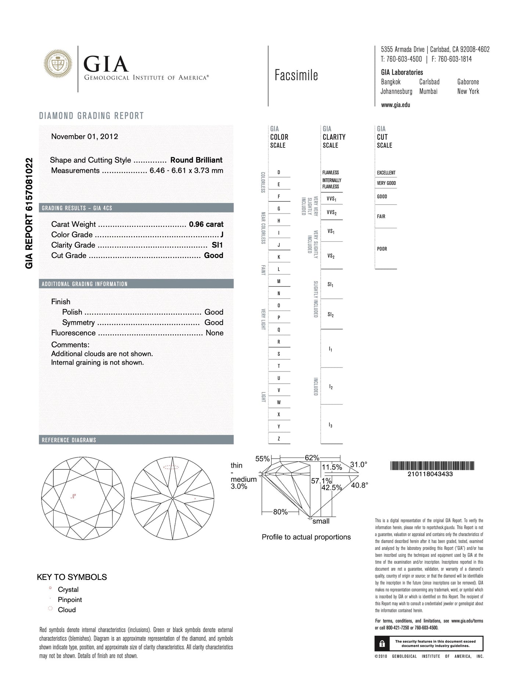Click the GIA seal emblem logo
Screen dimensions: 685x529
click(58, 64)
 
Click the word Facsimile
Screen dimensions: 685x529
click(296, 75)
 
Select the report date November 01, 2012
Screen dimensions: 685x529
click(84, 137)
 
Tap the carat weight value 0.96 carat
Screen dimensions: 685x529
click(206, 224)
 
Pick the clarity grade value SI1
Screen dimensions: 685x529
click(217, 245)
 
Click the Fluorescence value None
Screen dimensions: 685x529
click(215, 333)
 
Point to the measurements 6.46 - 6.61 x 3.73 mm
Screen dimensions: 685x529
click(186, 171)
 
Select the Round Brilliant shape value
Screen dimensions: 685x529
click(196, 160)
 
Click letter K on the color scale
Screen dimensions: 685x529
click(279, 257)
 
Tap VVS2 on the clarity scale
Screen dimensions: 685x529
click(331, 212)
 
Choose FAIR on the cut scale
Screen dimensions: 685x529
click(381, 216)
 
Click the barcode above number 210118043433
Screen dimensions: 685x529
click(432, 466)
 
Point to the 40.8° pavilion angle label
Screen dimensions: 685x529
click(359, 485)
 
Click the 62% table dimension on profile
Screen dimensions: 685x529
click(312, 458)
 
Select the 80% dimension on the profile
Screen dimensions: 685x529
click(280, 512)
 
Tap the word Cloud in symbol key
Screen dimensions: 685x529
click(67, 610)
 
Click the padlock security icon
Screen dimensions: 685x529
click(382, 643)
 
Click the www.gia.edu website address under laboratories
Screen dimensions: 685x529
click(395, 105)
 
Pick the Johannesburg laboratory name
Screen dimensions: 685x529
click(396, 92)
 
